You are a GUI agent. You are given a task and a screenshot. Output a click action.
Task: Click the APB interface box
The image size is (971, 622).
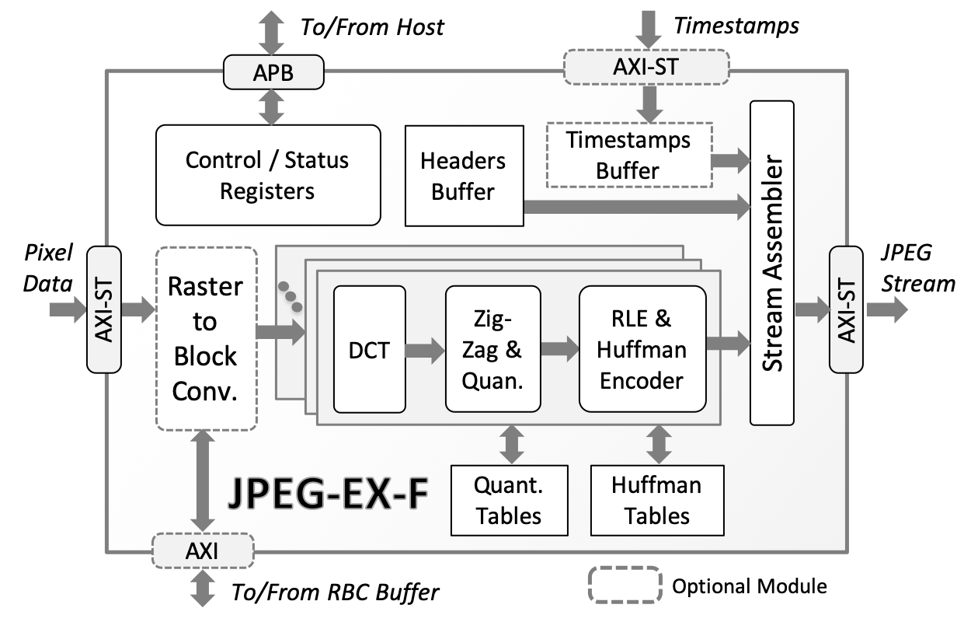click(x=272, y=72)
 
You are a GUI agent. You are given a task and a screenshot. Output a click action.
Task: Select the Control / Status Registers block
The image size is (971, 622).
click(x=268, y=175)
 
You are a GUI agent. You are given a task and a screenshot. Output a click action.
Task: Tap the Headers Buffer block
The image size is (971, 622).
click(x=463, y=176)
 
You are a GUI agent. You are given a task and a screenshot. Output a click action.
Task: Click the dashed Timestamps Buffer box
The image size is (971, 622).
click(x=629, y=155)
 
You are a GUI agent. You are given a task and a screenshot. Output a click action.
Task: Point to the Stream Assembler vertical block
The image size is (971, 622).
click(x=771, y=263)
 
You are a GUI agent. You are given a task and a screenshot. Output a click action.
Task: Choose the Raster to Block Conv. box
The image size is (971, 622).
click(x=206, y=339)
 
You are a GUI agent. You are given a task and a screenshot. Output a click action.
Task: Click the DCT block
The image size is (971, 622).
click(x=369, y=349)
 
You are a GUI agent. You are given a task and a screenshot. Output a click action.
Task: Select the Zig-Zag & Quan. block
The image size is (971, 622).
click(x=492, y=349)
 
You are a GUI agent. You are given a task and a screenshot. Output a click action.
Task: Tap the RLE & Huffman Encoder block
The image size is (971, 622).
click(x=642, y=349)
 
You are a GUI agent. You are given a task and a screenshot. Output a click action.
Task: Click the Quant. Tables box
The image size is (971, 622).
click(x=509, y=500)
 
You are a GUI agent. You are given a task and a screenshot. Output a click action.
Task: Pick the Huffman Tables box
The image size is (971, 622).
click(x=656, y=500)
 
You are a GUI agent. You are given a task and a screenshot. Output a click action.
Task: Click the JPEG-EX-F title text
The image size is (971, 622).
click(x=328, y=495)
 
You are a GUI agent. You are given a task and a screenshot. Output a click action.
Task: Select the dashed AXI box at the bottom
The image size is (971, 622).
click(x=202, y=551)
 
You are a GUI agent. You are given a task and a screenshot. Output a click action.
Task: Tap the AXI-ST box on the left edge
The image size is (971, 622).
click(x=105, y=309)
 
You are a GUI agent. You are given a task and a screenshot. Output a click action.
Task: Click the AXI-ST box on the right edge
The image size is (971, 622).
click(x=846, y=309)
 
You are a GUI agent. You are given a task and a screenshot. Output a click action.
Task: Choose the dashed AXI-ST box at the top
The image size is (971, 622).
click(x=646, y=67)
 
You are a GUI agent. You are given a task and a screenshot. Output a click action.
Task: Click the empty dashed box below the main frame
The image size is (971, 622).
click(x=625, y=584)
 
